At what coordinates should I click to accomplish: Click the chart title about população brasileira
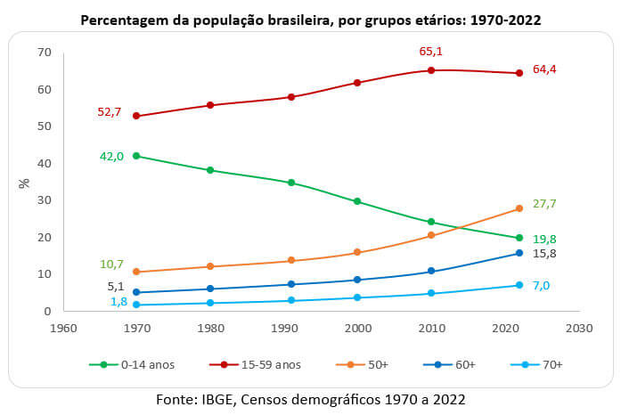point(310,19)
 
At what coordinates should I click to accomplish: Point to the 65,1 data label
point(432,53)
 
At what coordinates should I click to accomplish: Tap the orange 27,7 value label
point(545,203)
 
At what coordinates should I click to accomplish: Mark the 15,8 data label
point(545,254)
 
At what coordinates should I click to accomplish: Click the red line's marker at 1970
point(135,116)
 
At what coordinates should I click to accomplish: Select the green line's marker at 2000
point(357,201)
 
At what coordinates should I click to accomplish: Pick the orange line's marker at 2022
point(519,208)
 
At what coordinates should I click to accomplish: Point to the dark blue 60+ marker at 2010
point(431,271)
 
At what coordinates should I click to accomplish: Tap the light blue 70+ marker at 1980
point(209,303)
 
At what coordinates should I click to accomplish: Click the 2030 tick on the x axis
point(578,327)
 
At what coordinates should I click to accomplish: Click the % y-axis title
point(23,183)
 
